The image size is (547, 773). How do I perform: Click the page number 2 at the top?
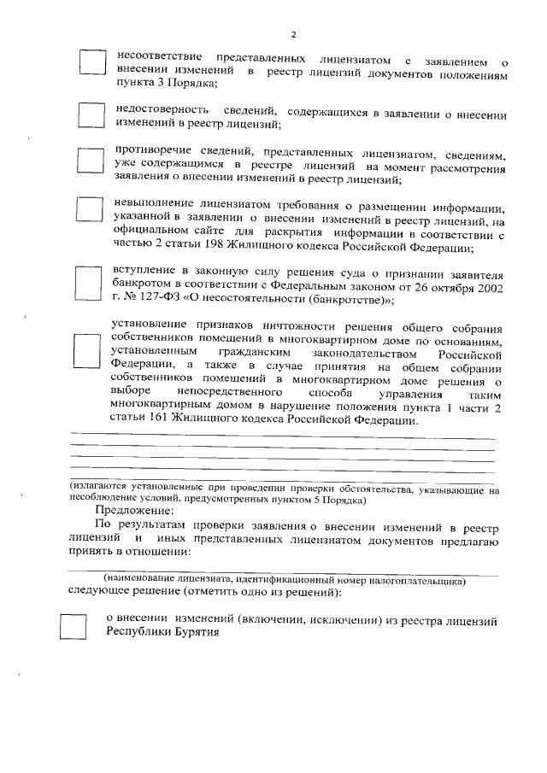pos(294,34)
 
